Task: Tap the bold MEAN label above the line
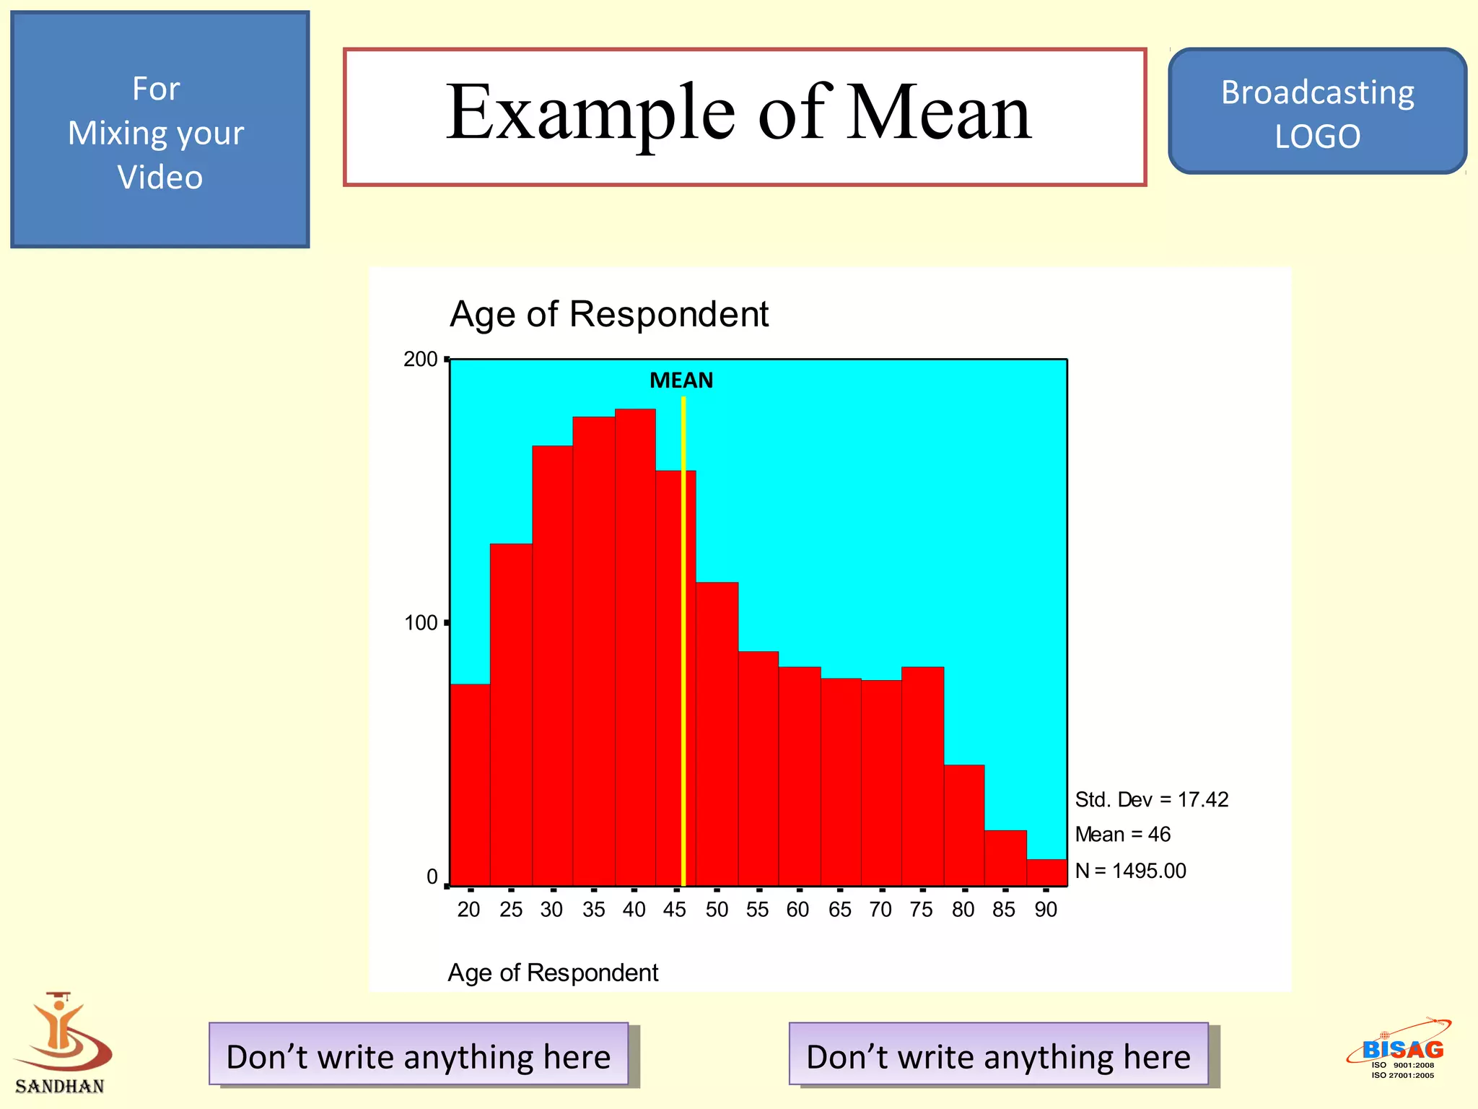click(x=681, y=380)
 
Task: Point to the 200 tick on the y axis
click(x=421, y=360)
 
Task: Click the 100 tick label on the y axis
click(x=421, y=622)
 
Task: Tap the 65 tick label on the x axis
click(x=839, y=910)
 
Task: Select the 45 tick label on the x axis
click(x=674, y=910)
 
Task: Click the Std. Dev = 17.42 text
click(x=1151, y=800)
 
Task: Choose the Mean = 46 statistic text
click(x=1122, y=835)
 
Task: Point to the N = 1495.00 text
click(x=1130, y=871)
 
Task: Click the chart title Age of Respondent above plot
click(x=608, y=314)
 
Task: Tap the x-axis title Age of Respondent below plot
click(x=553, y=973)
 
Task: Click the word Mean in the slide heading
click(x=938, y=113)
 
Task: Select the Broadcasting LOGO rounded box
click(x=1317, y=113)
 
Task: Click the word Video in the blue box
click(x=159, y=178)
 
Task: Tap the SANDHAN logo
click(x=61, y=1043)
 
